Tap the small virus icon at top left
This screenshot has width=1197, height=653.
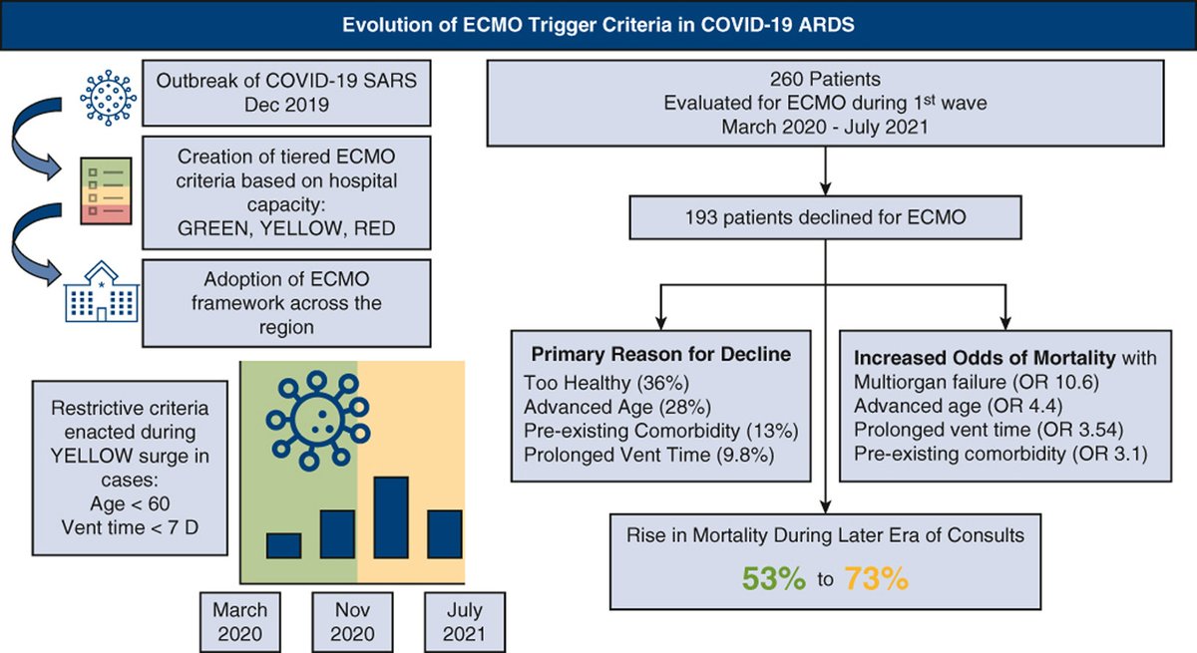pyautogui.click(x=107, y=96)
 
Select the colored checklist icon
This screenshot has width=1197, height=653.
pyautogui.click(x=107, y=188)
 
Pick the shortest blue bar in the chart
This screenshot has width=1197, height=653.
pyautogui.click(x=283, y=545)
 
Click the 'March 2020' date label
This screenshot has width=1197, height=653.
pyautogui.click(x=239, y=621)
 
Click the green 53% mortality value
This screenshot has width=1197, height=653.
pyautogui.click(x=773, y=578)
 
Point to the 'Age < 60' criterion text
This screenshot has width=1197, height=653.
pyautogui.click(x=129, y=504)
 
